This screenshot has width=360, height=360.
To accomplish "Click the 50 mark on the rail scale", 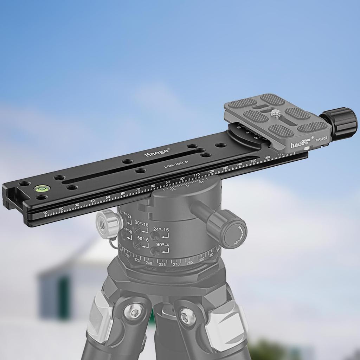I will point(108,197).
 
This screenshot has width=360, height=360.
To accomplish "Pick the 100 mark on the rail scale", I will point(182,179).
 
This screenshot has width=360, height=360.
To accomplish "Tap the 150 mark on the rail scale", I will point(253,161).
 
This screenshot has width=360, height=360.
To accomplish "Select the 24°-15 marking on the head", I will point(161,230).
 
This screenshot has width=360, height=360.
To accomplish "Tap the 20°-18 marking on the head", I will point(141,225).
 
